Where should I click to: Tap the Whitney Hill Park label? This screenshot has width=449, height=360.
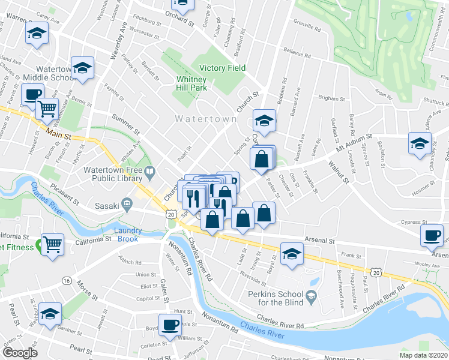(x=191, y=83)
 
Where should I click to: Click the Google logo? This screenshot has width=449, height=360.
(x=20, y=353)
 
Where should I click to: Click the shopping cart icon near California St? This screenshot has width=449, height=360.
(x=53, y=244)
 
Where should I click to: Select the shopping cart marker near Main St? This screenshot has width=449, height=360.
(x=47, y=109)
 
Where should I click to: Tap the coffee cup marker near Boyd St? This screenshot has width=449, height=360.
(x=170, y=325)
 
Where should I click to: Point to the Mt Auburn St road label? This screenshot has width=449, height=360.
(x=354, y=143)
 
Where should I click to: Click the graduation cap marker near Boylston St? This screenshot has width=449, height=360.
(x=420, y=143)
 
